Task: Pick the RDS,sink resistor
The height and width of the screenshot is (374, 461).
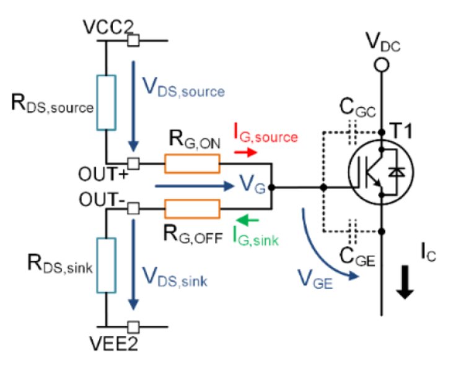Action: coord(107,264)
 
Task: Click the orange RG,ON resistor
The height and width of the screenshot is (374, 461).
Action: coord(192,163)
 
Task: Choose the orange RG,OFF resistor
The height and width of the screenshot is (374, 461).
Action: coord(192,209)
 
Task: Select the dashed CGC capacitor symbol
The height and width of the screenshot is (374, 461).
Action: coord(354,132)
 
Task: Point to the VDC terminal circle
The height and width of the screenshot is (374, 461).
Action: coord(382,64)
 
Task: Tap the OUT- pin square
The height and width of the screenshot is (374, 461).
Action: coord(133,209)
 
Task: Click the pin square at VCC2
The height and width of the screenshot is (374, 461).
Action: coord(133,41)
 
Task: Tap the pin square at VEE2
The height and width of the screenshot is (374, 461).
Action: coord(133,326)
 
